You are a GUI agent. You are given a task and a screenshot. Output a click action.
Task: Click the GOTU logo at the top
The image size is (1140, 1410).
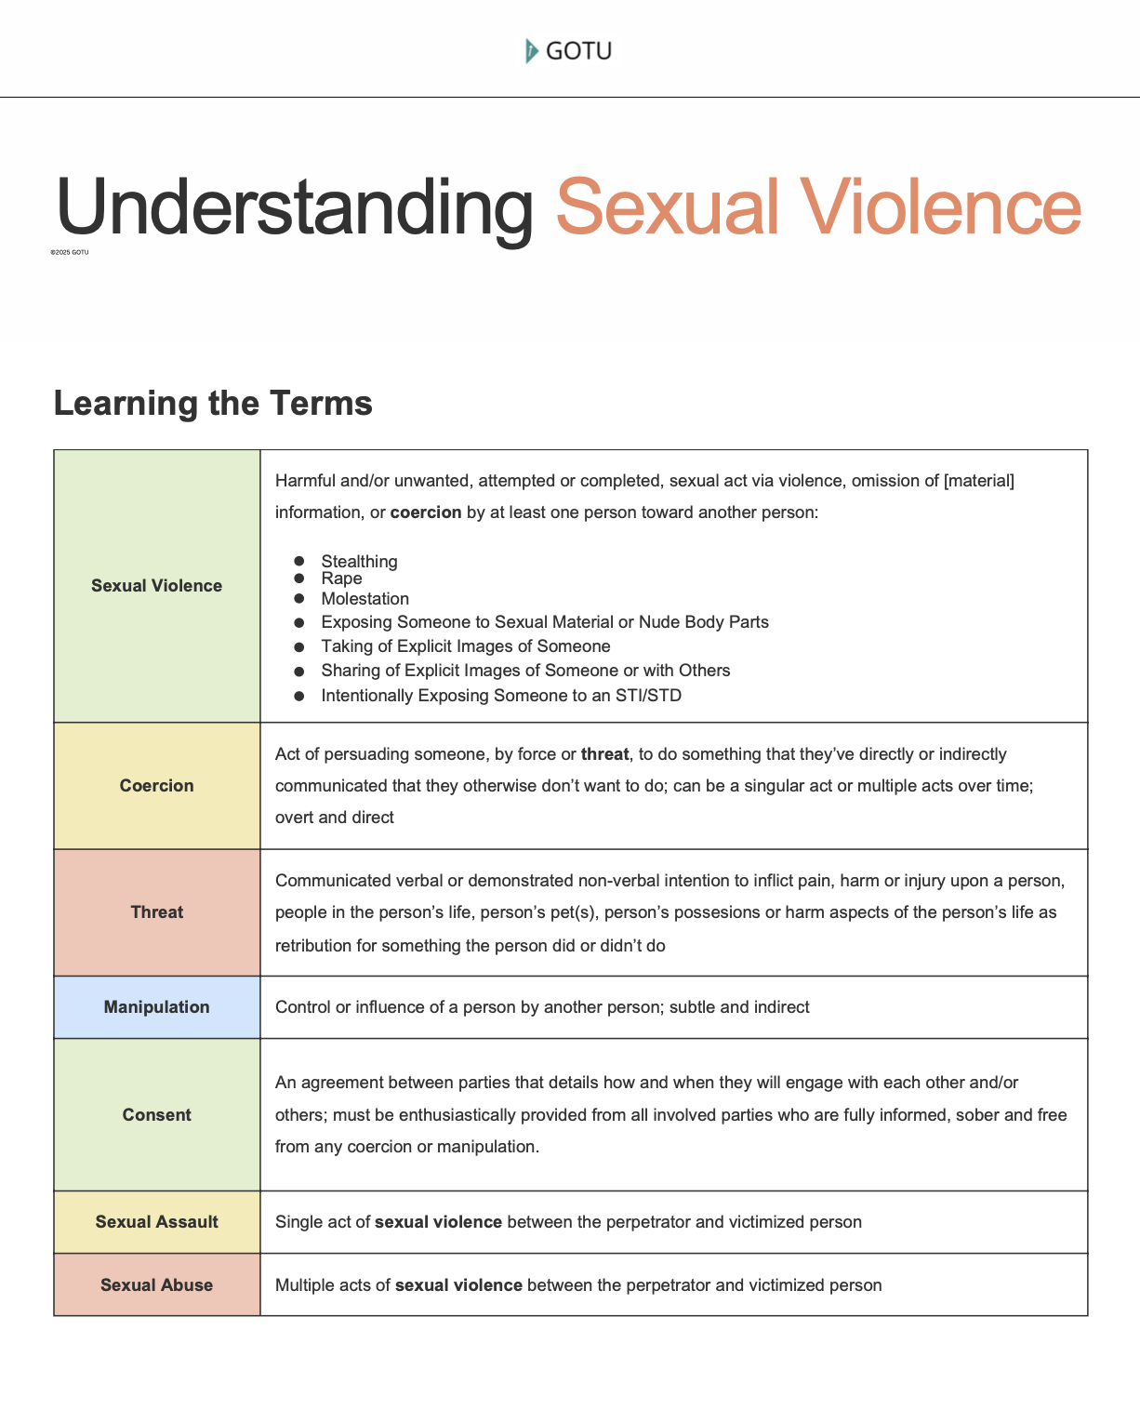tap(569, 50)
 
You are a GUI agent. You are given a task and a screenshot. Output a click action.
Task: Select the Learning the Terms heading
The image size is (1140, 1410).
tap(213, 404)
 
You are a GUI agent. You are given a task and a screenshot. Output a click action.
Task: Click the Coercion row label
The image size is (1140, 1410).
tap(156, 786)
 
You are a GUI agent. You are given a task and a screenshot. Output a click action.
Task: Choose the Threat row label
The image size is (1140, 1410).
tap(156, 912)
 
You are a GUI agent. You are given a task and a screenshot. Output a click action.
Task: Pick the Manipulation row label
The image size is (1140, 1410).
tap(156, 1007)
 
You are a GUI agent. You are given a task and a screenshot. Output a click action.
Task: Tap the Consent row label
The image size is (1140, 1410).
tap(156, 1115)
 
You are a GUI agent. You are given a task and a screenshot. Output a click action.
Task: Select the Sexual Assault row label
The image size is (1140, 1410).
tap(156, 1222)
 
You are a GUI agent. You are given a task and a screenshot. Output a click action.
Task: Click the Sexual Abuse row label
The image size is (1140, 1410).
tap(156, 1285)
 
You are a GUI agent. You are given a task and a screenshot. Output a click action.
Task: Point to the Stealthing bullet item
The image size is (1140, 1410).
tap(359, 562)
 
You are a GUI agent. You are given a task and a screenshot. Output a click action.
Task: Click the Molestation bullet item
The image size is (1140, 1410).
tap(365, 599)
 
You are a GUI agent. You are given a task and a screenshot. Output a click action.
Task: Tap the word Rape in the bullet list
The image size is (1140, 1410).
tap(341, 579)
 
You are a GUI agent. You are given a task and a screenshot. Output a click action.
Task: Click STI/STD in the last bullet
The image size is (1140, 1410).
tap(648, 696)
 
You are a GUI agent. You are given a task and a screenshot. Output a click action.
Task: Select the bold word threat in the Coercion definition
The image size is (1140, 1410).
tap(604, 754)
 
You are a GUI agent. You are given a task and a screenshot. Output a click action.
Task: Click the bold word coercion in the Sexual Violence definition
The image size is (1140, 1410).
tap(426, 512)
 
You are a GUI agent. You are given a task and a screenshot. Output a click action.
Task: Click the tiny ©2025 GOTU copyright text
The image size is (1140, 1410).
tap(70, 252)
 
